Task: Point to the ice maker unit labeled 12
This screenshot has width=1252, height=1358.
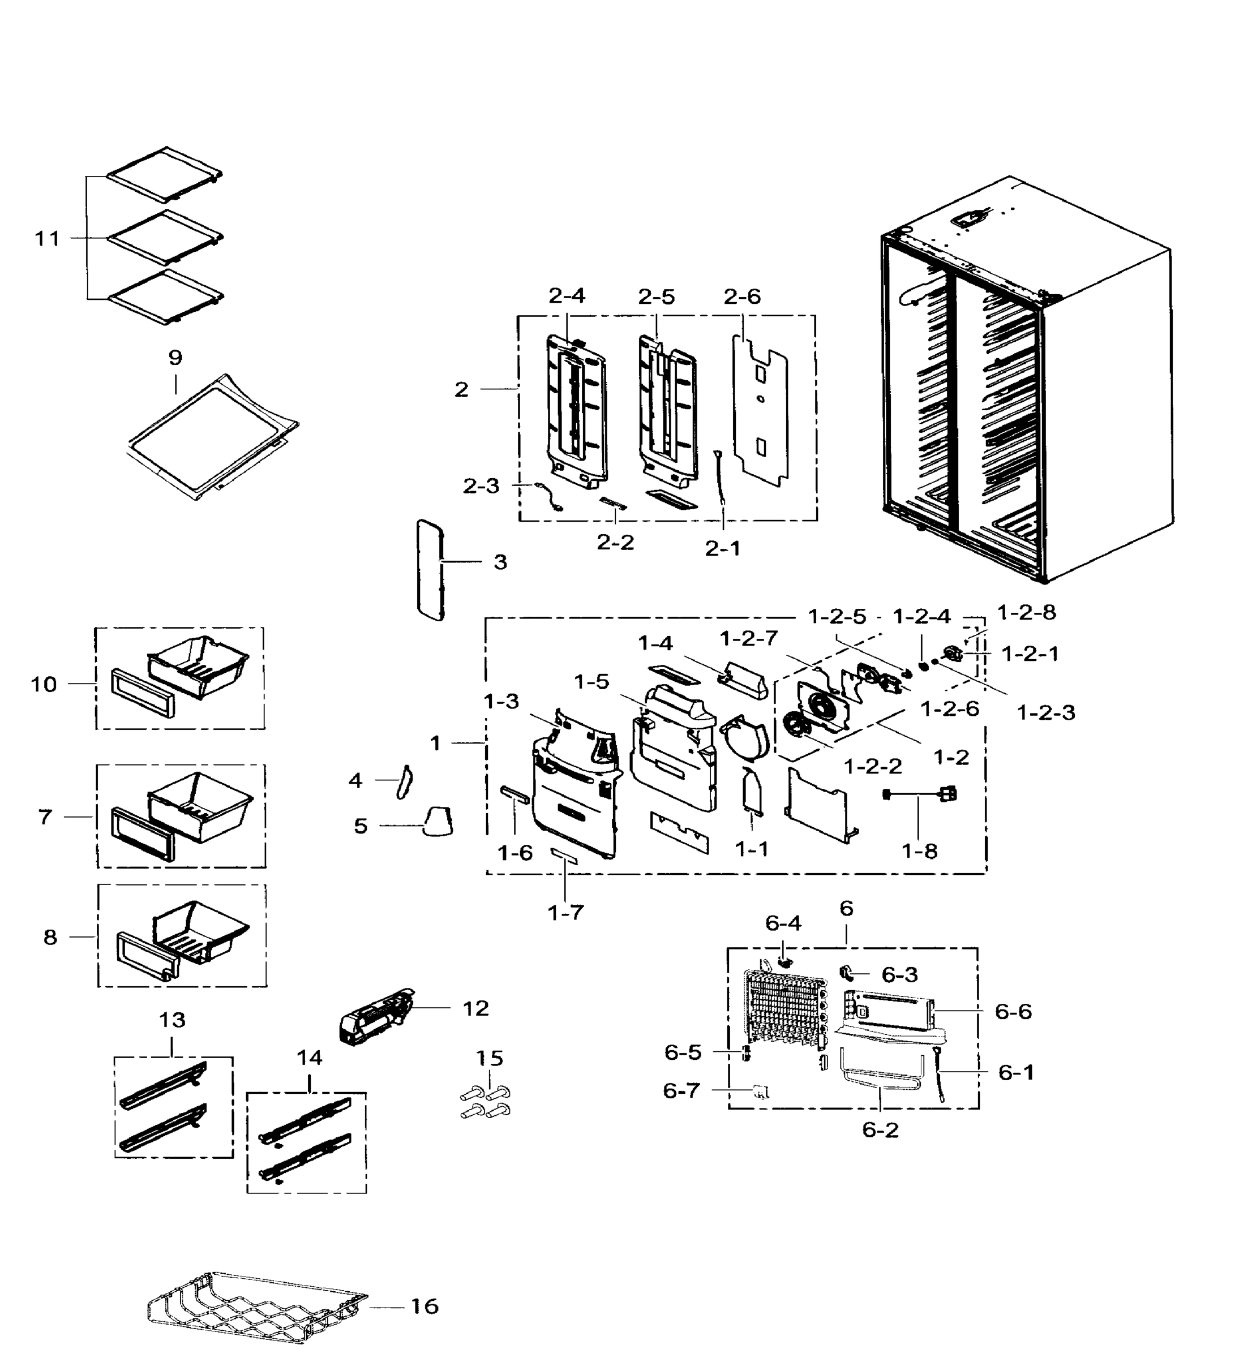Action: pos(375,1016)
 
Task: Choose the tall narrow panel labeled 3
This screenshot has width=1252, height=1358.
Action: pos(430,570)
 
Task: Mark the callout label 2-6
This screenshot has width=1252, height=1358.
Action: pos(742,296)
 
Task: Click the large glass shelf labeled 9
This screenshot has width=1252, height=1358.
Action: pos(213,437)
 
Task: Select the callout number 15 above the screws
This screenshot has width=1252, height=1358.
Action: pos(489,1058)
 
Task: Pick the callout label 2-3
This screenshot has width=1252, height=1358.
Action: pos(481,485)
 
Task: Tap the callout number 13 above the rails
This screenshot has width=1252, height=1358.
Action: pos(172,1020)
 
